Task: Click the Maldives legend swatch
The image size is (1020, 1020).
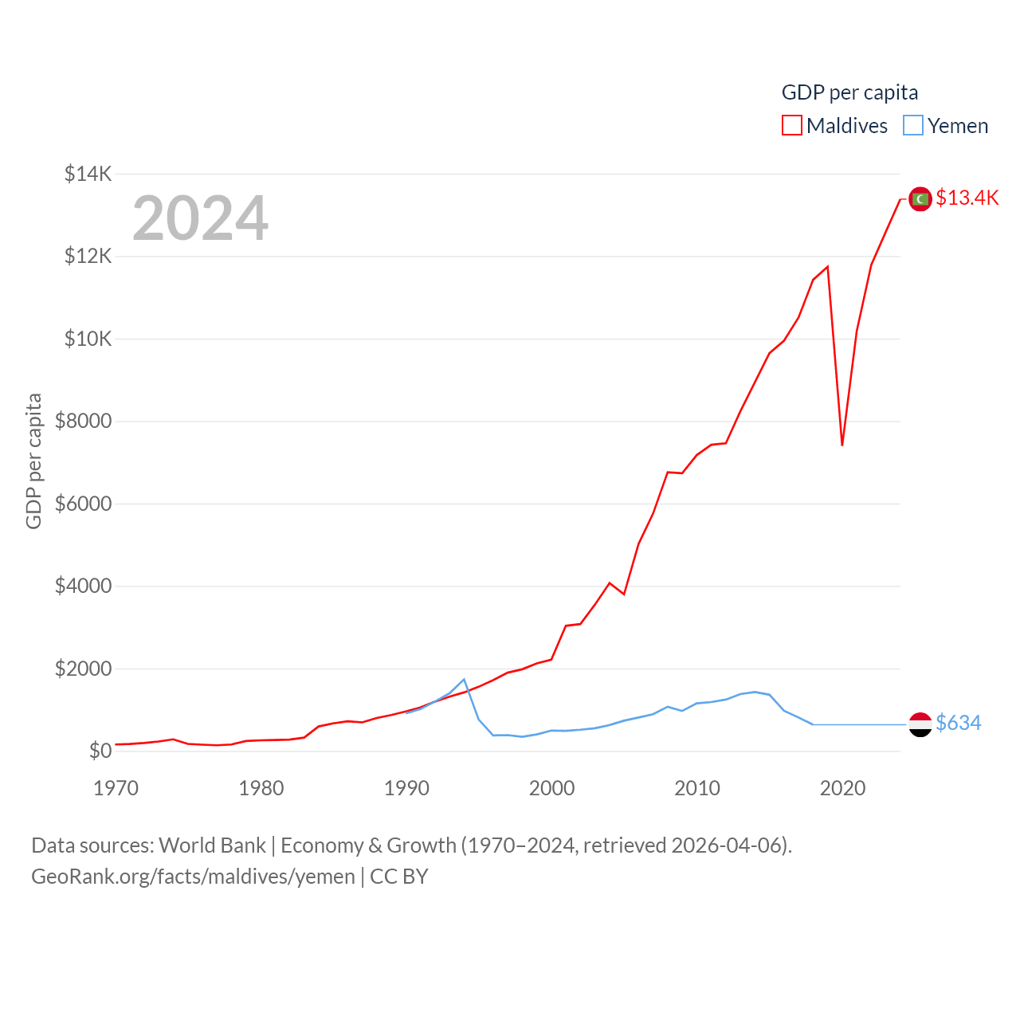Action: pyautogui.click(x=791, y=126)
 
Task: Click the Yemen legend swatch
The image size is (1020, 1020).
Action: pyautogui.click(x=913, y=126)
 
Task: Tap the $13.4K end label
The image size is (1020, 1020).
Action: pyautogui.click(x=967, y=198)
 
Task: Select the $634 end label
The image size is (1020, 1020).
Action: pyautogui.click(x=958, y=723)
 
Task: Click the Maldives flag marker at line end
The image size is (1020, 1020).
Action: pyautogui.click(x=920, y=198)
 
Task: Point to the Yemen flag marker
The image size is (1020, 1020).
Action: pyautogui.click(x=920, y=724)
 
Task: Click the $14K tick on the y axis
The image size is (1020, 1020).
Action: pyautogui.click(x=88, y=174)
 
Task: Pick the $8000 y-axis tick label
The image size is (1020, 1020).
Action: pyautogui.click(x=83, y=421)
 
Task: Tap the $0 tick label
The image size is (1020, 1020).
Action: pyautogui.click(x=100, y=751)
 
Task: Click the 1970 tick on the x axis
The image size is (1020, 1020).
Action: pyautogui.click(x=116, y=788)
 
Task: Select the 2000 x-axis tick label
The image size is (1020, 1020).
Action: pyautogui.click(x=551, y=788)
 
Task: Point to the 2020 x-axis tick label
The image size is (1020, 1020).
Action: pyautogui.click(x=842, y=788)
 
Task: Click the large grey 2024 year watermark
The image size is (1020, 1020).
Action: pyautogui.click(x=200, y=218)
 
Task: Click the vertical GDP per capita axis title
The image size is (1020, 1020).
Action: pyautogui.click(x=33, y=461)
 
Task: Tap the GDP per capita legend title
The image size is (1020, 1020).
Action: pyautogui.click(x=849, y=92)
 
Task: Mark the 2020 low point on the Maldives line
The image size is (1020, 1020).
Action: pyautogui.click(x=842, y=445)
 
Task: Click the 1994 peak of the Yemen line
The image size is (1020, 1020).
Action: pyautogui.click(x=464, y=680)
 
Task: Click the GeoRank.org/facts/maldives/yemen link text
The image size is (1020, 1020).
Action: pyautogui.click(x=193, y=877)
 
